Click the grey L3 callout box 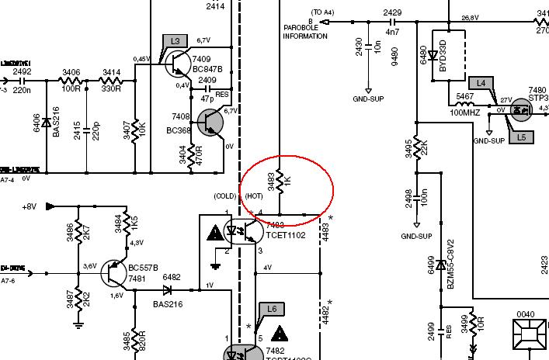pyautogui.click(x=175, y=40)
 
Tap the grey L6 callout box pyautogui.click(x=271, y=309)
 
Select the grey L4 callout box pyautogui.click(x=481, y=82)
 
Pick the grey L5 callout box pyautogui.click(x=521, y=137)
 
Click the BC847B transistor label pyautogui.click(x=207, y=69)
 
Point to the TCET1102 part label pyautogui.click(x=285, y=234)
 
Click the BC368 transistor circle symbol pyautogui.click(x=210, y=122)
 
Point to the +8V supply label pyautogui.click(x=30, y=207)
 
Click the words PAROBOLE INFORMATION pyautogui.click(x=304, y=32)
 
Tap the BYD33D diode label pyautogui.click(x=443, y=55)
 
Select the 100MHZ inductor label pyautogui.click(x=465, y=113)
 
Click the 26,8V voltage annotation pyautogui.click(x=469, y=17)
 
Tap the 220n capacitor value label pyautogui.click(x=22, y=91)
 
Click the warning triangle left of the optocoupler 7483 pyautogui.click(x=214, y=231)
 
